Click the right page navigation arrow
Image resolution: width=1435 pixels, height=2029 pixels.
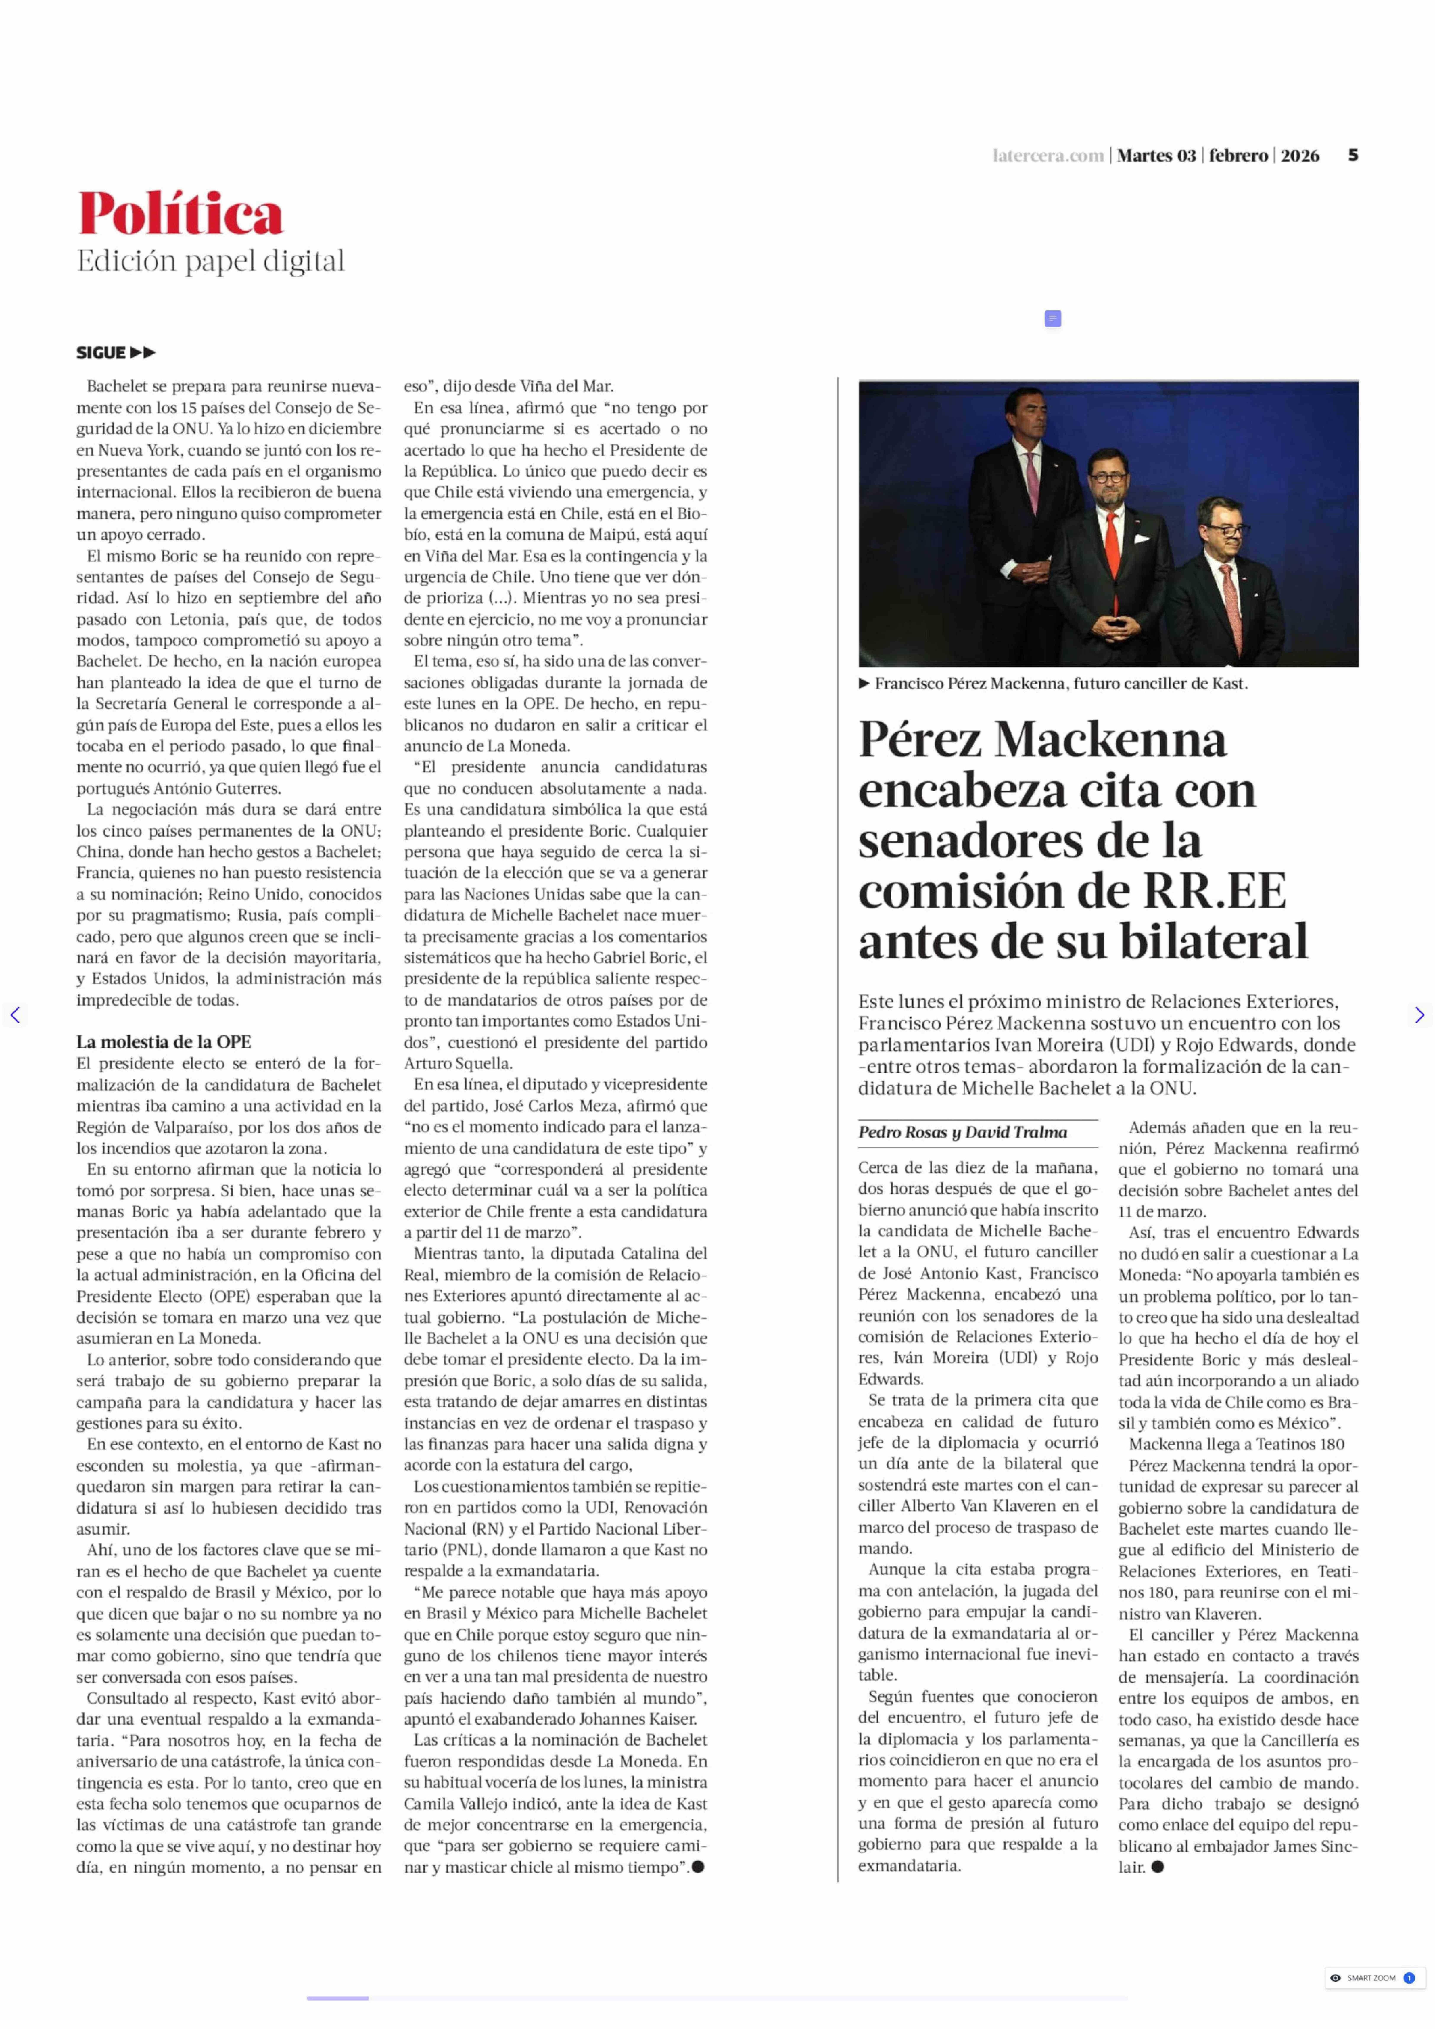pyautogui.click(x=1419, y=1015)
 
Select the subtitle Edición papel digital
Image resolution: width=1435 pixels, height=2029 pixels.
pyautogui.click(x=210, y=262)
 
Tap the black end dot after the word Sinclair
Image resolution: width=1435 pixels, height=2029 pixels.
pyautogui.click(x=1158, y=1867)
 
